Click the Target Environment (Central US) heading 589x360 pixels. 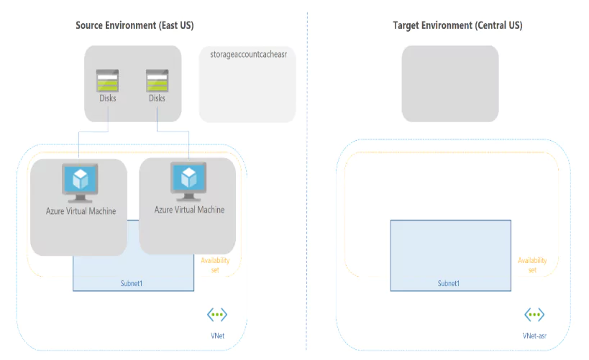coord(457,25)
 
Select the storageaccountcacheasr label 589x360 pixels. coord(248,55)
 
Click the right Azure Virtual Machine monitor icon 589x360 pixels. coord(188,181)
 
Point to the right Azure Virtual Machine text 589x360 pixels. coord(189,210)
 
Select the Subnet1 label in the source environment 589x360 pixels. coord(132,283)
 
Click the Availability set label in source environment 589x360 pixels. coord(215,265)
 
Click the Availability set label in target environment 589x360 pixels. coord(532,265)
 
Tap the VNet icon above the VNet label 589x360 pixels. coord(217,315)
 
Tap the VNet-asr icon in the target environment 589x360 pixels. coord(534,315)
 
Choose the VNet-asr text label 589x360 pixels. coord(534,335)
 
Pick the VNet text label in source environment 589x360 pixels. coord(218,335)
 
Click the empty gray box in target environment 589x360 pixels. coord(449,83)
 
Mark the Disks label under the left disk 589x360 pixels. coord(108,98)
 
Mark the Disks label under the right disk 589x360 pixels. coord(157,98)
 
